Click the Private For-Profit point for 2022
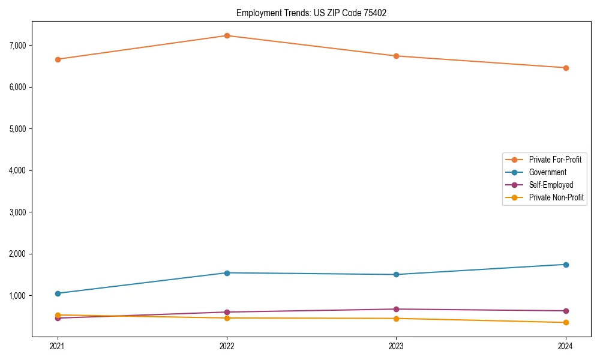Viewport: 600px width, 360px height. [x=227, y=35]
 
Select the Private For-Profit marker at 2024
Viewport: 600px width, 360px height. [x=565, y=68]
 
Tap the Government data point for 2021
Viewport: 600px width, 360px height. [x=58, y=293]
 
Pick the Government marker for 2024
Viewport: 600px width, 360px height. [x=565, y=265]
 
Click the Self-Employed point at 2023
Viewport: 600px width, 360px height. [x=396, y=309]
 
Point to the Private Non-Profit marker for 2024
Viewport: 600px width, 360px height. [x=565, y=323]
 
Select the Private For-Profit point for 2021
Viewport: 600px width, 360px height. [x=58, y=59]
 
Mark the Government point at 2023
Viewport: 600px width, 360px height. [x=396, y=275]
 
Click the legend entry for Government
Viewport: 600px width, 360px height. [x=547, y=172]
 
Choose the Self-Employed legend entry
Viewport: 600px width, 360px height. [x=551, y=185]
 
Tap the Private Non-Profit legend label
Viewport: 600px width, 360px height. [x=556, y=197]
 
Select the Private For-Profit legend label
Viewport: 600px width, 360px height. [x=555, y=160]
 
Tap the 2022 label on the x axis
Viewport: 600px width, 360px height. [x=227, y=346]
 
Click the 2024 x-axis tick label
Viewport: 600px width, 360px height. [x=565, y=346]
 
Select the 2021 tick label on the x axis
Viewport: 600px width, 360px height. [x=58, y=346]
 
